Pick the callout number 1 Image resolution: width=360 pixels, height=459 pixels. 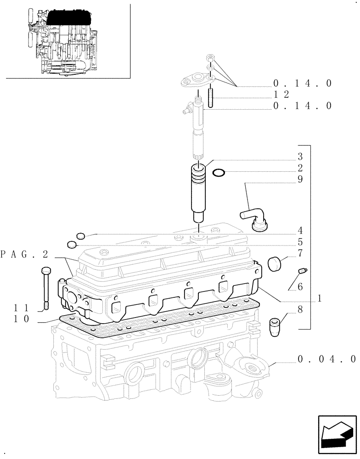317,298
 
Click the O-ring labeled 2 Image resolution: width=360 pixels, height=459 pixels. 219,173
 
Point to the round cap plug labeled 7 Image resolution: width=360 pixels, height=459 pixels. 275,263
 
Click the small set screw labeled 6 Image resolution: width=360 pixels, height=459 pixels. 302,272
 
